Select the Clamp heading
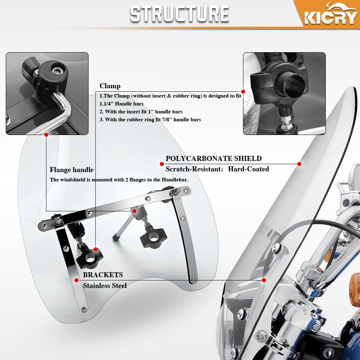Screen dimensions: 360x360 click(110, 86)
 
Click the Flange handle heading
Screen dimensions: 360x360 click(72, 170)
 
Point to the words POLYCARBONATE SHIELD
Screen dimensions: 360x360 click(213, 158)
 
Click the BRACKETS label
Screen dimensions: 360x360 click(103, 275)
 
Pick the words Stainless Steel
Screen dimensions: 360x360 click(105, 285)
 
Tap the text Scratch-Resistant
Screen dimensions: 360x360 click(193, 169)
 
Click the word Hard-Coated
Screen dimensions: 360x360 click(248, 169)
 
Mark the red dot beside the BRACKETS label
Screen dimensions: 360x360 click(76, 280)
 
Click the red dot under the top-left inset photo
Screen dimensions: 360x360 click(46, 135)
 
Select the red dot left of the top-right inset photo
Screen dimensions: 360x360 click(243, 92)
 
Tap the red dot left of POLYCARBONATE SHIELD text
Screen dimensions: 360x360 click(162, 164)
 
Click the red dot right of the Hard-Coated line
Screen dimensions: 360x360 click(299, 164)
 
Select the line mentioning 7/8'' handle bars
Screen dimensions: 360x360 click(150, 120)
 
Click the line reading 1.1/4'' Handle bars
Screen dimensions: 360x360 click(122, 104)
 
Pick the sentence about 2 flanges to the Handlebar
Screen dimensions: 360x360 click(119, 180)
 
